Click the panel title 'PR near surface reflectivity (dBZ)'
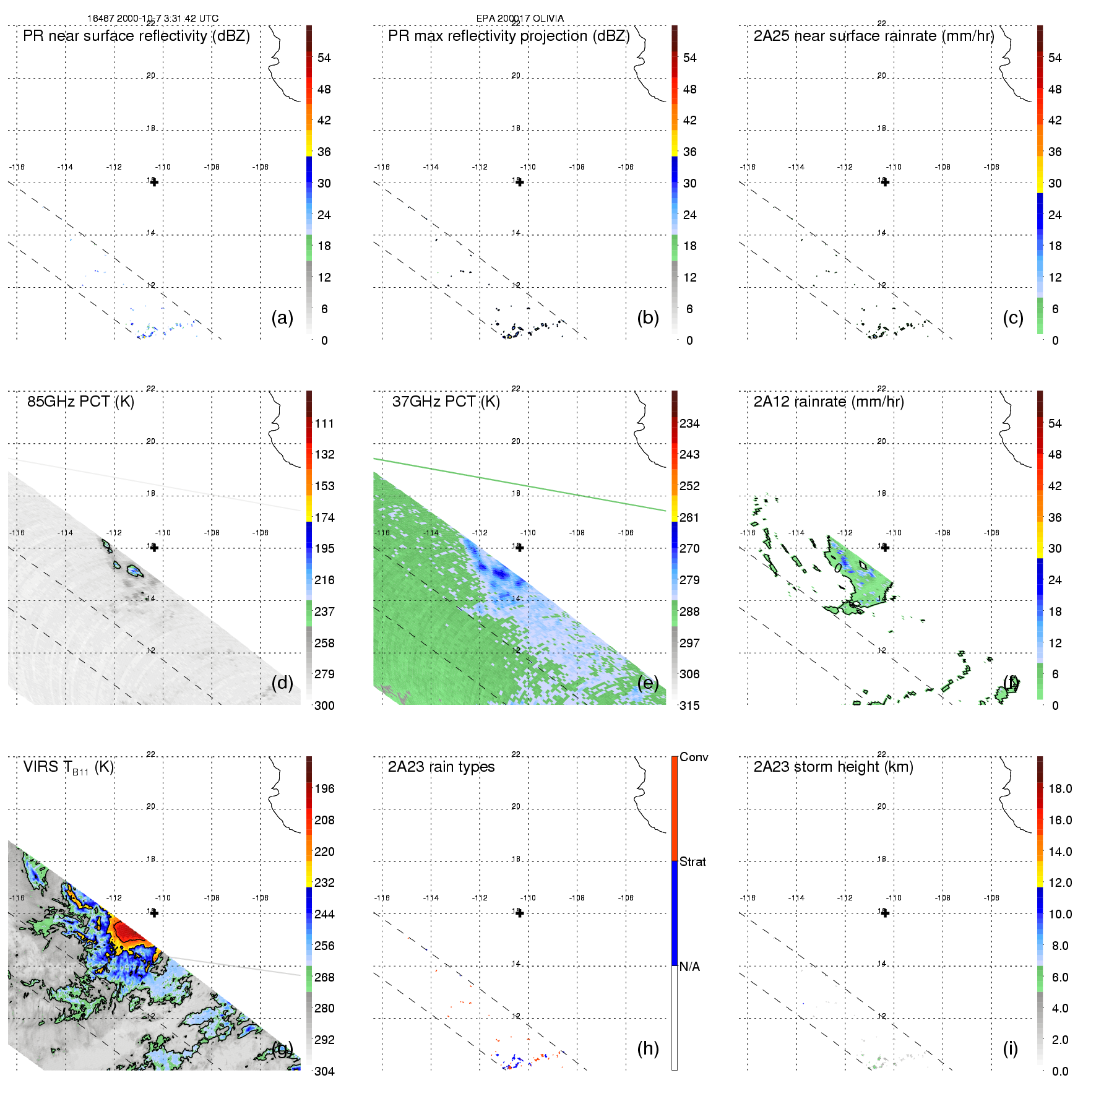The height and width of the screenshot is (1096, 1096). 136,36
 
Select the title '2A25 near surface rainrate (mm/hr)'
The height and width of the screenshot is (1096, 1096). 874,36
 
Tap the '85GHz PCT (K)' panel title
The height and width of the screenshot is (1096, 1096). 80,402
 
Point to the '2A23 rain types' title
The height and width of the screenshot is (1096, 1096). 441,767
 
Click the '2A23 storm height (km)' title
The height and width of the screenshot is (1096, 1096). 834,767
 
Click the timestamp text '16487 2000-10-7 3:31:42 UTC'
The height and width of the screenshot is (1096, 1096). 153,19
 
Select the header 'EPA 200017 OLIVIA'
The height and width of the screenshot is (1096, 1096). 520,19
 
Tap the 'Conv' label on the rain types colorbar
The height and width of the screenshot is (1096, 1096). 694,757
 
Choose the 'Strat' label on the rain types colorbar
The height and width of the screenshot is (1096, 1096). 693,861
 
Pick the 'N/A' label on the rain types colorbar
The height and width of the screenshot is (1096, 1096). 689,967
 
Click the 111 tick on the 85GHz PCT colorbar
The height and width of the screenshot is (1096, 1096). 324,423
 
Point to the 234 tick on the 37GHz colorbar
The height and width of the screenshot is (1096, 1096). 689,423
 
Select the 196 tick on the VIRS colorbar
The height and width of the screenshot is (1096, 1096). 324,788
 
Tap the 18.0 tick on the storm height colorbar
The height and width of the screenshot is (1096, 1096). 1060,788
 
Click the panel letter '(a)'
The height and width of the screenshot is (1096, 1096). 282,317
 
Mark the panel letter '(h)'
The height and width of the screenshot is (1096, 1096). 648,1048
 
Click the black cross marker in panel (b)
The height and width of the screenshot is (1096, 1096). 520,182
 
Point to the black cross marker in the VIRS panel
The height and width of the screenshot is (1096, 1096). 155,913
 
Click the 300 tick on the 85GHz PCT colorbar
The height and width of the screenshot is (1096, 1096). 324,705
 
